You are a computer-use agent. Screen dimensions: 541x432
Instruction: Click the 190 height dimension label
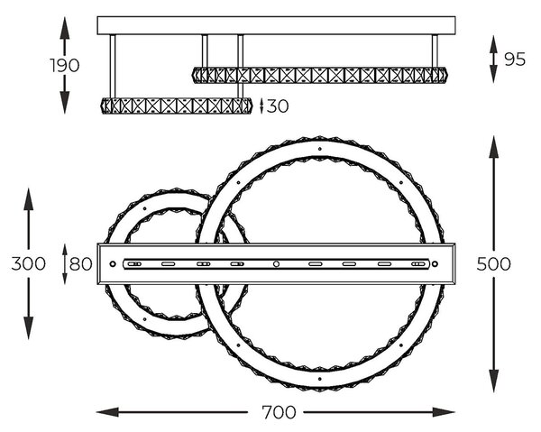pyautogui.click(x=65, y=65)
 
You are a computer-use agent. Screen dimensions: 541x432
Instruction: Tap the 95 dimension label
pyautogui.click(x=515, y=60)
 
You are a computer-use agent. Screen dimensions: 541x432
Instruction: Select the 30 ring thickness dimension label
pyautogui.click(x=278, y=106)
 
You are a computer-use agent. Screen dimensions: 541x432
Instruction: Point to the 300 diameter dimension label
pyautogui.click(x=28, y=264)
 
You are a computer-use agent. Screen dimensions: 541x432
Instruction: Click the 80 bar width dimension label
pyautogui.click(x=81, y=264)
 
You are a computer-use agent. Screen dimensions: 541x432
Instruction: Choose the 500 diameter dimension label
pyautogui.click(x=493, y=264)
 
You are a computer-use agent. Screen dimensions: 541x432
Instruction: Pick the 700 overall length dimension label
pyautogui.click(x=279, y=412)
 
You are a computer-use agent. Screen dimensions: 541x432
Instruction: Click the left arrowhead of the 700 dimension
pyautogui.click(x=107, y=412)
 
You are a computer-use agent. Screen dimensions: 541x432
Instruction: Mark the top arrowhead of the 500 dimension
pyautogui.click(x=494, y=147)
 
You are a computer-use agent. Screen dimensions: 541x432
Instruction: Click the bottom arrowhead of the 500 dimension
pyautogui.click(x=494, y=381)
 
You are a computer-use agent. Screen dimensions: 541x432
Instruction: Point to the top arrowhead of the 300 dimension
pyautogui.click(x=28, y=199)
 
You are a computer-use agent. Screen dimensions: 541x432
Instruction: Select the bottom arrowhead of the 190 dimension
pyautogui.click(x=65, y=103)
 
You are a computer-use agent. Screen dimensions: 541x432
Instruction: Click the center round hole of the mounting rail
pyautogui.click(x=276, y=264)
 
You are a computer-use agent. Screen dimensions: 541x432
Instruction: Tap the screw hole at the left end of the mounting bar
pyautogui.click(x=113, y=264)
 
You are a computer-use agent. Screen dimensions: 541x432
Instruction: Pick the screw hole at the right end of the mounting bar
pyautogui.click(x=436, y=264)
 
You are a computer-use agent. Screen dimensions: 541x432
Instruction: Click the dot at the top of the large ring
pyautogui.click(x=320, y=149)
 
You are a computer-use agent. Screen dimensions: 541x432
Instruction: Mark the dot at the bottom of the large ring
pyautogui.click(x=320, y=379)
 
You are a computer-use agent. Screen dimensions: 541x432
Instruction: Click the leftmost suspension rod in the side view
pyautogui.click(x=113, y=66)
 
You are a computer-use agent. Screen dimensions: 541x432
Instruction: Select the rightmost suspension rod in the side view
pyautogui.click(x=435, y=51)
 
